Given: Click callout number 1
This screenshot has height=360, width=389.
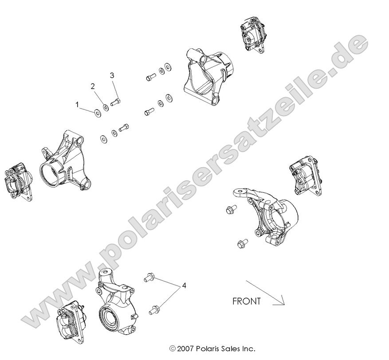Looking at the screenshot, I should tap(77, 105).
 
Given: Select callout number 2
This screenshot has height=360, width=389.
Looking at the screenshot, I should tap(93, 86).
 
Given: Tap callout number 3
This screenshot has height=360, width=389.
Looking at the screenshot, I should tap(112, 75).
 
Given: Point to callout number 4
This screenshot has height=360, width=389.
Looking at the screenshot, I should tap(184, 286).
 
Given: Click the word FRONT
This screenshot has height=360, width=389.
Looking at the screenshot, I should tap(247, 301).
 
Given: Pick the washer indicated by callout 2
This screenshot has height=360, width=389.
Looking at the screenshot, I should tap(106, 107).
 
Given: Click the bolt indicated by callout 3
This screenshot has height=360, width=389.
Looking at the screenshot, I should tap(117, 103).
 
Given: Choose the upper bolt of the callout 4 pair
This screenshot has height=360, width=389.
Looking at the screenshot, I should tap(148, 278).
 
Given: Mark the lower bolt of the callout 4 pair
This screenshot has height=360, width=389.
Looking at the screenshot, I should tap(155, 309).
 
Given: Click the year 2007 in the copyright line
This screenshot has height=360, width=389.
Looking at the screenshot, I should tap(185, 348).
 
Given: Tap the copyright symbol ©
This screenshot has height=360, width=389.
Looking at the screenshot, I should tap(173, 348).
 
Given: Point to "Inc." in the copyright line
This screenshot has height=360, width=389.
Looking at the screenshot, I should tap(247, 348).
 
